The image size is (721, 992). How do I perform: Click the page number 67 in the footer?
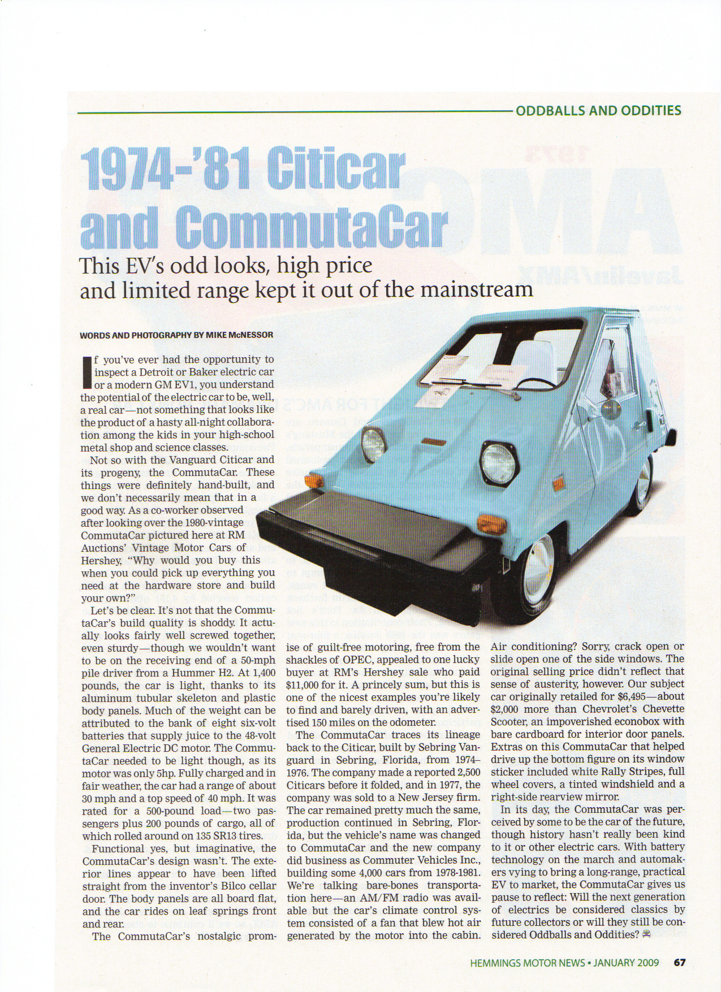pos(679,963)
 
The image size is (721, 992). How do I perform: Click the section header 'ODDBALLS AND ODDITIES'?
pos(598,110)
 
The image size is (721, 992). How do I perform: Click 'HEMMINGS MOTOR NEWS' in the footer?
pos(527,963)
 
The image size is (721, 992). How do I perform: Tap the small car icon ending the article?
pos(646,934)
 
